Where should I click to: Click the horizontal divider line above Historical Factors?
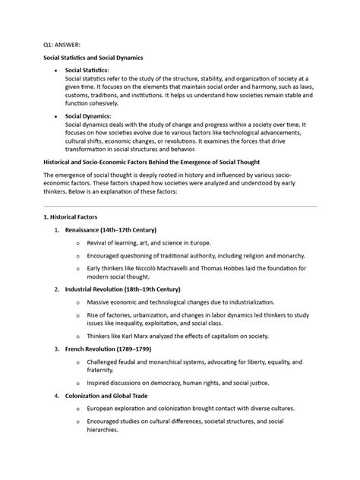tap(180, 206)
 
